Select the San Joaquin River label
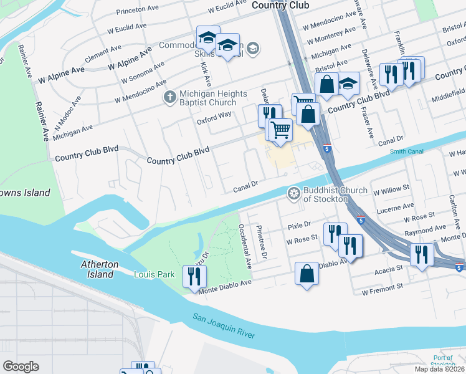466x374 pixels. [x=224, y=325]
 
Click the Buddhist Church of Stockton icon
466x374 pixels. [x=293, y=194]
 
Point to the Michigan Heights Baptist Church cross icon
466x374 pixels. [x=169, y=97]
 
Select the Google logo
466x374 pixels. [x=21, y=367]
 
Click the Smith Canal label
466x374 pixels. [x=406, y=151]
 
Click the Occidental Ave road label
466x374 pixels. [x=248, y=247]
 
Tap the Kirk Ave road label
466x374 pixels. [x=207, y=74]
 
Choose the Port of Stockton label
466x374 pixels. [x=443, y=362]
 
